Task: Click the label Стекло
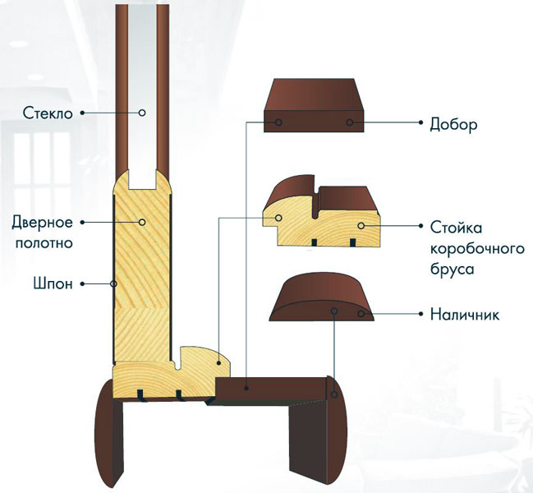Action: [48, 113]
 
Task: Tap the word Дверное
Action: [43, 223]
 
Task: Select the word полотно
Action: [44, 243]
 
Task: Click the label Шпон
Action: [53, 283]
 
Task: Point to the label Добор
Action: [453, 124]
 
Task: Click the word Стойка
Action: [456, 228]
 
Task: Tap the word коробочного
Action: [478, 249]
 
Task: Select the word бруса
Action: [452, 270]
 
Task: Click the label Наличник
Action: [465, 315]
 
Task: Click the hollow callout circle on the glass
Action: [142, 113]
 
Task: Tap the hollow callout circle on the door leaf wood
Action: [142, 222]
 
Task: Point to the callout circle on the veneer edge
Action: [114, 283]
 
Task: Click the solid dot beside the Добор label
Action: [421, 122]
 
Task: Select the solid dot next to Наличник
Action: [421, 314]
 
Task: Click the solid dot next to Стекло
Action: [82, 113]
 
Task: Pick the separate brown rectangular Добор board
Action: [314, 105]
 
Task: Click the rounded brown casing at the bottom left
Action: [109, 434]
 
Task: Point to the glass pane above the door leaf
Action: [142, 94]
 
